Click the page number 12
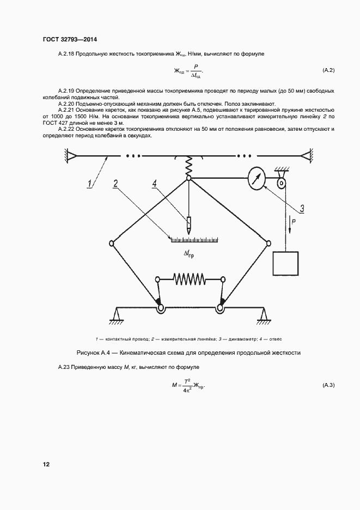pos(46,464)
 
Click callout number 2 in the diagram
pos(115,183)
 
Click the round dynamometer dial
pos(256,179)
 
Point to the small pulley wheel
pos(282,183)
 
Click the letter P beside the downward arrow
pos(295,222)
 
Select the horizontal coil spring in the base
pos(190,279)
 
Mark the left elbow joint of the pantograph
pos(111,243)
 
